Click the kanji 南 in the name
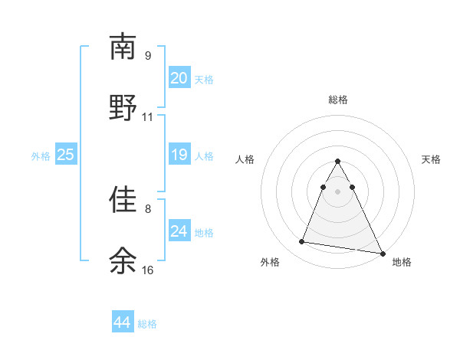[123, 47]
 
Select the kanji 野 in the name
[123, 107]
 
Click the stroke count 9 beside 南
[148, 56]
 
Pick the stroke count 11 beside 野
[148, 117]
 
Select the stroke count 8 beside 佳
[148, 208]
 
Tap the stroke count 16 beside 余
[148, 270]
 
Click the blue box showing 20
[179, 78]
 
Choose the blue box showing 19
[179, 155]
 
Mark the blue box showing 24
[179, 231]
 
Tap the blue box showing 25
[66, 155]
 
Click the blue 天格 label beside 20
[204, 80]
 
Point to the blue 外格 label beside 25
[41, 156]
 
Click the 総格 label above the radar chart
[338, 100]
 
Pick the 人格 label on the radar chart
[246, 159]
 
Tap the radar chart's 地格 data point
[382, 253]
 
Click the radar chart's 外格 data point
[301, 242]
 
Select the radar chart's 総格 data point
[337, 162]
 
